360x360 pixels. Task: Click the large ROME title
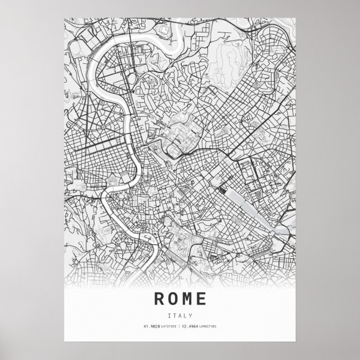point(180,298)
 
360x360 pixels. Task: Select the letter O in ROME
point(173,298)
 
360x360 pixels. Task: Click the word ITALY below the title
point(180,315)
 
